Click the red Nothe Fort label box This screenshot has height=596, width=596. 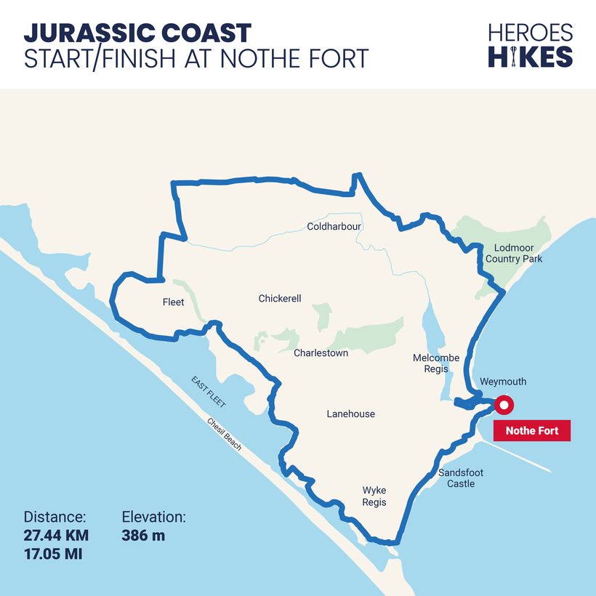pyautogui.click(x=532, y=431)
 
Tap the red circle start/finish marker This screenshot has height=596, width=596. pyautogui.click(x=503, y=405)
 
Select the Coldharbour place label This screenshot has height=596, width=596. pyautogui.click(x=334, y=227)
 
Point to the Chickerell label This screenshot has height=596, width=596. pyautogui.click(x=280, y=299)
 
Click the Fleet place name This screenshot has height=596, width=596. pyautogui.click(x=174, y=302)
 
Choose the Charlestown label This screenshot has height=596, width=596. pyautogui.click(x=321, y=353)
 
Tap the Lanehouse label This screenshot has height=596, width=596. pyautogui.click(x=350, y=414)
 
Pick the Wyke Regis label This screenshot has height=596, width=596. pyautogui.click(x=374, y=496)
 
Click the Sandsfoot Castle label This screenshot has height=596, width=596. pyautogui.click(x=461, y=478)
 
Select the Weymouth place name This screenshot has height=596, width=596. pyautogui.click(x=503, y=382)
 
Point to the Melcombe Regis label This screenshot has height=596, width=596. pyautogui.click(x=436, y=363)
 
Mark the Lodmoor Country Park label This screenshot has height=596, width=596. pyautogui.click(x=514, y=253)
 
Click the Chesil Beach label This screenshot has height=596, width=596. pyautogui.click(x=224, y=434)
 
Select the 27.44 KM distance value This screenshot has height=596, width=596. pyautogui.click(x=56, y=536)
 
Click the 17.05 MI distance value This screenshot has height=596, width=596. pyautogui.click(x=52, y=555)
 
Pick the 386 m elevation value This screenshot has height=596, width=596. pyautogui.click(x=143, y=536)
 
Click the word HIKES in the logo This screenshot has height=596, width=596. pyautogui.click(x=530, y=57)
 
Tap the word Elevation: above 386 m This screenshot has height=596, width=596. pyautogui.click(x=153, y=518)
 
